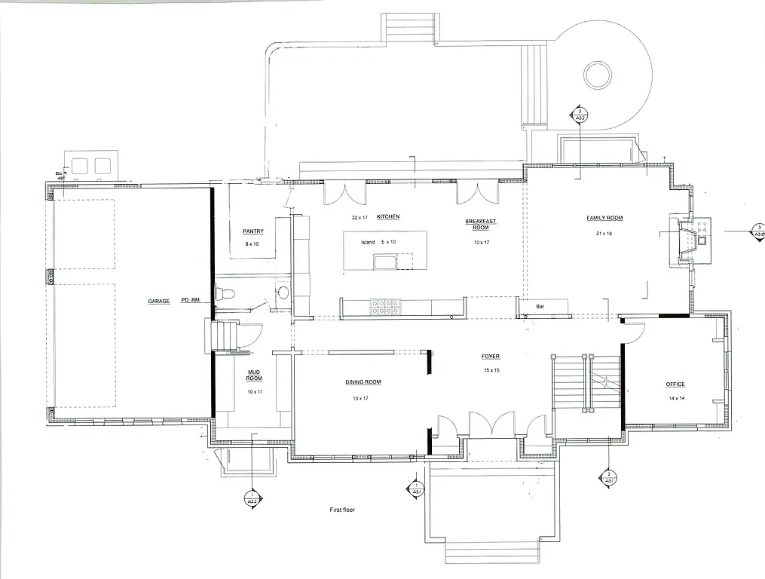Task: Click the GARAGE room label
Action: coord(159,301)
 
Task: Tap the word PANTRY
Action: coord(252,231)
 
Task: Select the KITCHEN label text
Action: coord(388,216)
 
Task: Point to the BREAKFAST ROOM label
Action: coord(481,224)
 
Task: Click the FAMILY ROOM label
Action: coord(605,218)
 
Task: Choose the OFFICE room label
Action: coord(675,384)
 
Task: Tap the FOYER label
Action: coord(491,356)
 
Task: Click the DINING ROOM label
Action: coord(363,382)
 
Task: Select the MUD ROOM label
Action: coord(254,376)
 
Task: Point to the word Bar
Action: coord(540,307)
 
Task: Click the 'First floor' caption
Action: coord(342,510)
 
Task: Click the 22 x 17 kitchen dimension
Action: coord(359,217)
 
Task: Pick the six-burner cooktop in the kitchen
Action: coord(384,307)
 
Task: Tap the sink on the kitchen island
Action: coord(385,262)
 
